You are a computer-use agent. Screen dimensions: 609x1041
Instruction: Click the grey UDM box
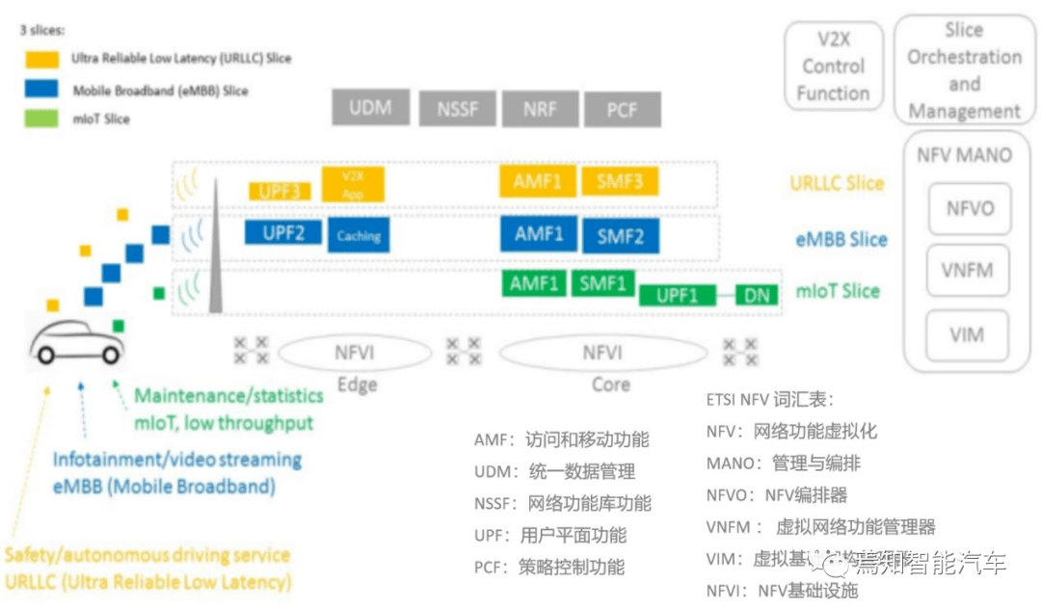(x=370, y=108)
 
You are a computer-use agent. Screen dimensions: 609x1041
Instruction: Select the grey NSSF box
(x=458, y=109)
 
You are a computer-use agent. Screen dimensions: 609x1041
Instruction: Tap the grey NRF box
(x=540, y=109)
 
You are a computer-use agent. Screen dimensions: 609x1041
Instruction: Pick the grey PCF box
(x=622, y=109)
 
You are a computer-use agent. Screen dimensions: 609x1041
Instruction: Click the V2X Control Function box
(x=833, y=66)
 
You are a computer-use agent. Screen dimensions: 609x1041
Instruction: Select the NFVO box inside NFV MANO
(x=969, y=208)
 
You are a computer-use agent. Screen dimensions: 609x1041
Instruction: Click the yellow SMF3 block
(x=620, y=181)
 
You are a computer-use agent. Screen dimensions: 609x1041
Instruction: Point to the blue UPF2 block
(x=282, y=233)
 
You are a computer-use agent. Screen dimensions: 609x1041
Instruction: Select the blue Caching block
(x=359, y=236)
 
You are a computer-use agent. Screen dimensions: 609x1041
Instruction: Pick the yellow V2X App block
(x=353, y=185)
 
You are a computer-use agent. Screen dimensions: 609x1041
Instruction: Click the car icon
(x=76, y=342)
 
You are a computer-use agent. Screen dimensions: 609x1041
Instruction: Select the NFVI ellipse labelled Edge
(x=355, y=353)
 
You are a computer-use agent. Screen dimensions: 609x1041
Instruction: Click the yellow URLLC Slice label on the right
(x=836, y=183)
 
